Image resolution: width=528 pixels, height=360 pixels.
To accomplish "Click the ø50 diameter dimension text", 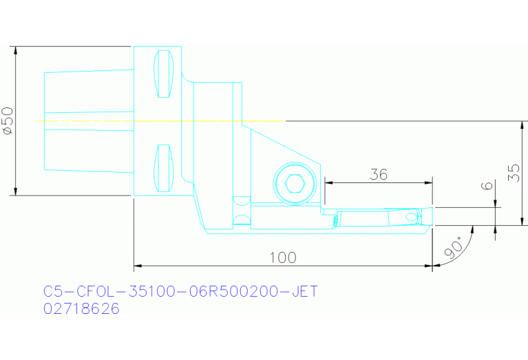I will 8,121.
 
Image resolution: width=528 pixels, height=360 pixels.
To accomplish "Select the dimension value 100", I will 282,257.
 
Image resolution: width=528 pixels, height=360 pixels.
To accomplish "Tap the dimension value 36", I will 378,174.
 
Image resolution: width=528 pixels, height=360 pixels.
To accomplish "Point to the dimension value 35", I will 514,173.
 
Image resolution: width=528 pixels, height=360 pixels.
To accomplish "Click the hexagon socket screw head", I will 295,184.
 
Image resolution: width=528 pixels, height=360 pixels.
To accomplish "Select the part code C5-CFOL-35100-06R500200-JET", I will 180,292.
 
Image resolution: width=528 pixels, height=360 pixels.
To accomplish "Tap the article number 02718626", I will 81,309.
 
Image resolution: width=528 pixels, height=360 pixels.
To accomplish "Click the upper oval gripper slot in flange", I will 163,74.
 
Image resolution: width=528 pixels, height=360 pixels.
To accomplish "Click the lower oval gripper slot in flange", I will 163,169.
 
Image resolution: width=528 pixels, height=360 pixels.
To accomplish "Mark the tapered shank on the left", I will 88,120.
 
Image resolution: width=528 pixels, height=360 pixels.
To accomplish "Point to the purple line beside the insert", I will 461,207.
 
